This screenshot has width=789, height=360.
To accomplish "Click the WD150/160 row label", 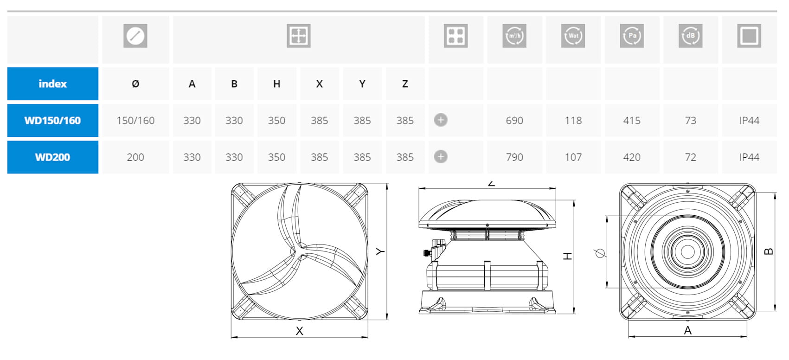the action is (52, 121).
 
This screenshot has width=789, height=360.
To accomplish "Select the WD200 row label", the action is (52, 157).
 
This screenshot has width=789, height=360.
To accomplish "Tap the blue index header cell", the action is (52, 84).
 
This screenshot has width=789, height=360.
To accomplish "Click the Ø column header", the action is (135, 84).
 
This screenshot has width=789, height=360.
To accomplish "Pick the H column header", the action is (277, 84).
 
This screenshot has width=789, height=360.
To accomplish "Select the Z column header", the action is (405, 84).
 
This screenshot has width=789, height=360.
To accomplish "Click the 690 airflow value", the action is (514, 121).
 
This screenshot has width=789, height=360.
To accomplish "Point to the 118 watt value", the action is (573, 121).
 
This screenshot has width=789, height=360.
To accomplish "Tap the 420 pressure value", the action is (632, 157).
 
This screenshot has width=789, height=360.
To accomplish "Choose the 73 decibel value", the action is (691, 121).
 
